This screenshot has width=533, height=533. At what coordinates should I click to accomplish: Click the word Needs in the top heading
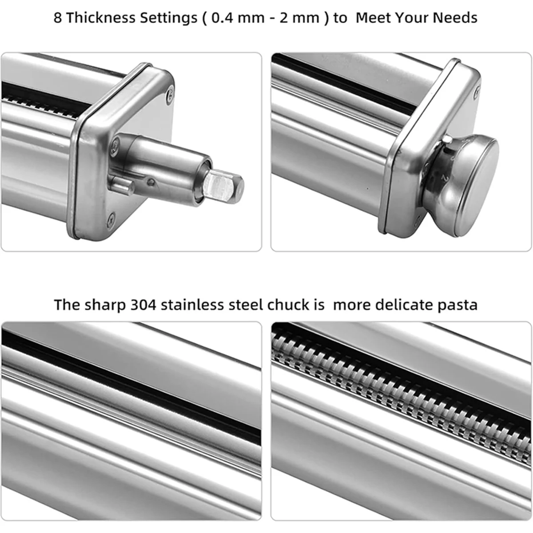point(455,18)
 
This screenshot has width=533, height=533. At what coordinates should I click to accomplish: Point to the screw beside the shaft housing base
point(115,144)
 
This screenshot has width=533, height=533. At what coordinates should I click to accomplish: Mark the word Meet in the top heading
point(373,18)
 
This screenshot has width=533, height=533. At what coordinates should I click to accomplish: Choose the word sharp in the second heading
point(105,306)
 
